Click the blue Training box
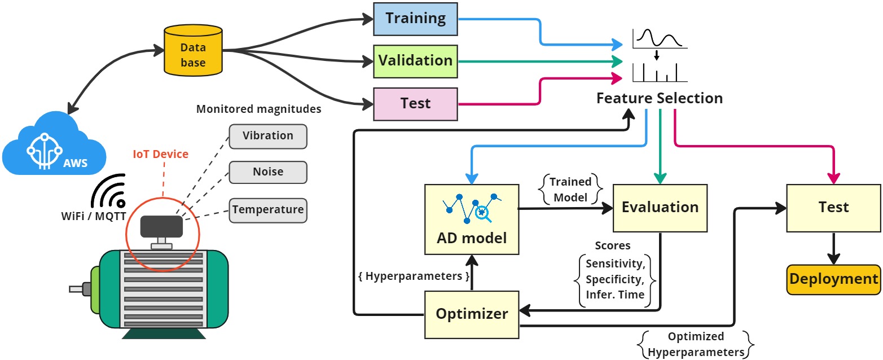click(x=415, y=19)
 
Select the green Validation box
click(x=415, y=60)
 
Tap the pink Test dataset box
click(x=415, y=104)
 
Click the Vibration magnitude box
click(x=268, y=136)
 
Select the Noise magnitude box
click(x=268, y=172)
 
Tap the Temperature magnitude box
click(x=268, y=210)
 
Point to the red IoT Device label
click(x=161, y=153)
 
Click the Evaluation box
click(x=660, y=208)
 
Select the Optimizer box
click(x=471, y=314)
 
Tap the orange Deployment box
click(x=833, y=279)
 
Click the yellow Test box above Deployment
click(x=833, y=208)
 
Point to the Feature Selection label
click(x=660, y=98)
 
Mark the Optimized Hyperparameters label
click(x=695, y=344)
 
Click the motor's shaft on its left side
click(x=77, y=289)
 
